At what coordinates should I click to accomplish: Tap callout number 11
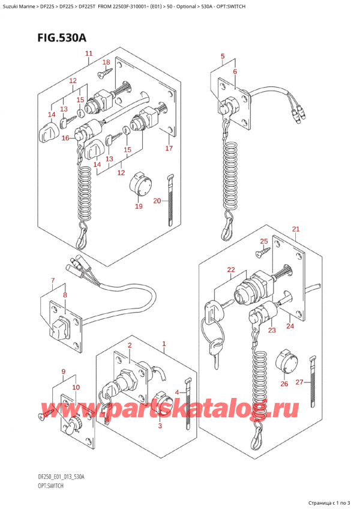[x=89, y=54]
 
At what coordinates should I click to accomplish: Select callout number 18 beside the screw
[x=106, y=62]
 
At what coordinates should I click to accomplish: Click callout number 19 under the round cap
[x=139, y=206]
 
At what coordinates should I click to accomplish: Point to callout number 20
[x=156, y=200]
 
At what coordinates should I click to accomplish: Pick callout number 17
[x=169, y=148]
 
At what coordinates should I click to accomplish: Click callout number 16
[x=65, y=138]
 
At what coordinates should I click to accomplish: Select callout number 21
[x=295, y=229]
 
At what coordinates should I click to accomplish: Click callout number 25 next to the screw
[x=263, y=241]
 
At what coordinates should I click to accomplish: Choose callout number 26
[x=284, y=384]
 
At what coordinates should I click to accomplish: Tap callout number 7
[x=52, y=281]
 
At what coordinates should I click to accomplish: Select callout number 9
[x=64, y=372]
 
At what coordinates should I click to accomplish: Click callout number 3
[x=160, y=426]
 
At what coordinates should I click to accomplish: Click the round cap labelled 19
[x=141, y=184]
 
